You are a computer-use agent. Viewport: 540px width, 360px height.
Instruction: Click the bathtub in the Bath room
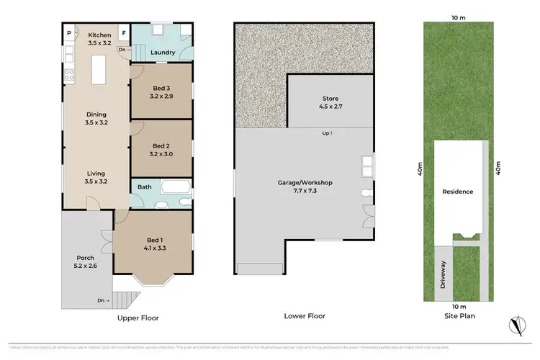[x=175, y=188]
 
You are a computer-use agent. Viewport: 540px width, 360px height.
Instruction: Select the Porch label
[x=86, y=261]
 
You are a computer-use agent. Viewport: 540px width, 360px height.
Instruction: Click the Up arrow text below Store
[x=328, y=133]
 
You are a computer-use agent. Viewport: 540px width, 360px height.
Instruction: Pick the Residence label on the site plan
[x=457, y=192]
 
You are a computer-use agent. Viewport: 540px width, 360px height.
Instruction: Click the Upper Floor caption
[x=138, y=317]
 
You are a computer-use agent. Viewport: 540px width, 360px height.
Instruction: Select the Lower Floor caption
[x=305, y=316]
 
